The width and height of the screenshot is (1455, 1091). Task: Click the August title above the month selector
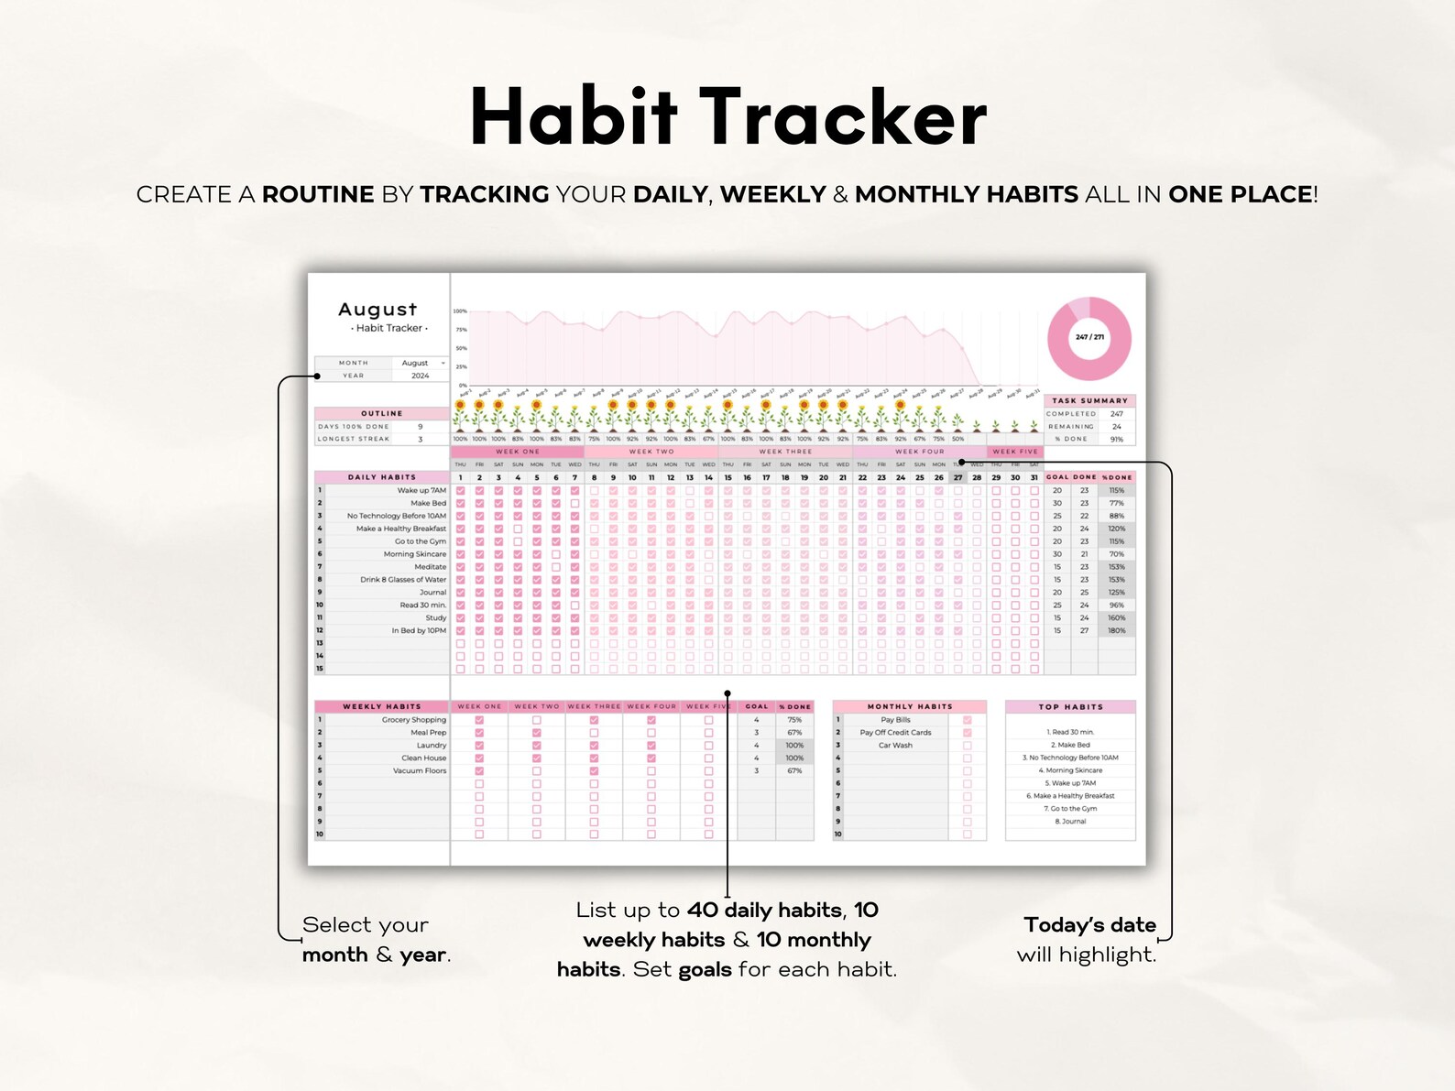point(377,310)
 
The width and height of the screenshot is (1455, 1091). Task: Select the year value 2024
point(420,376)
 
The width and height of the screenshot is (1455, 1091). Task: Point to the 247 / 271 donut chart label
point(1089,337)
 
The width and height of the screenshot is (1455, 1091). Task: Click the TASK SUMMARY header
point(1089,400)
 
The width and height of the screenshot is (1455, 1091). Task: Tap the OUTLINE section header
point(381,413)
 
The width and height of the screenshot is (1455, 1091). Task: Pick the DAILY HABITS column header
point(381,477)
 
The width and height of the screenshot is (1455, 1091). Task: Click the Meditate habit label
point(430,567)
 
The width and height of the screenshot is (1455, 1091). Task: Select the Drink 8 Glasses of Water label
point(403,580)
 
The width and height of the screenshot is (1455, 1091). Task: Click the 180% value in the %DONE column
point(1116,631)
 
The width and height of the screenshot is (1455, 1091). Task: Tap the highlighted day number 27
point(957,477)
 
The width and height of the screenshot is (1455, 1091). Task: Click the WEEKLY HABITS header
point(381,706)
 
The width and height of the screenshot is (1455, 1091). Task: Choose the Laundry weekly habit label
point(431,746)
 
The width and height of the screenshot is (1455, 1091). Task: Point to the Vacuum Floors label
point(420,771)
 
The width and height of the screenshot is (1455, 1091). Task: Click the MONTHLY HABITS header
point(909,706)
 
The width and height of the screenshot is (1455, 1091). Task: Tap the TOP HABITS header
point(1070,706)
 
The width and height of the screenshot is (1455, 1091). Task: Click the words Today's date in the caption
point(1089,925)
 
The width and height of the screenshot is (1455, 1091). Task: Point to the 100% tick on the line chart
point(460,311)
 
